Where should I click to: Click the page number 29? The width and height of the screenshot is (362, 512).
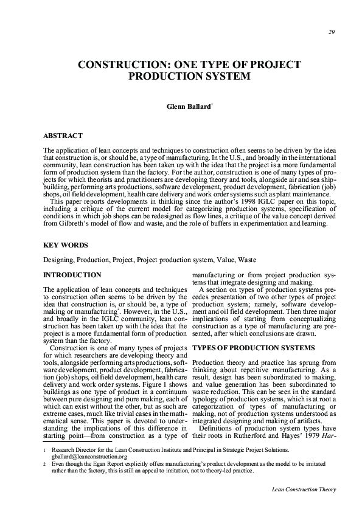tap(330, 33)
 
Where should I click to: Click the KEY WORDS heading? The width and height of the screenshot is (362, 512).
tap(65, 244)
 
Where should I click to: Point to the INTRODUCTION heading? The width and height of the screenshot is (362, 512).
tap(72, 275)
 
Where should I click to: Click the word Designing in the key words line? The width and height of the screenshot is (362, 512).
tap(58, 259)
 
